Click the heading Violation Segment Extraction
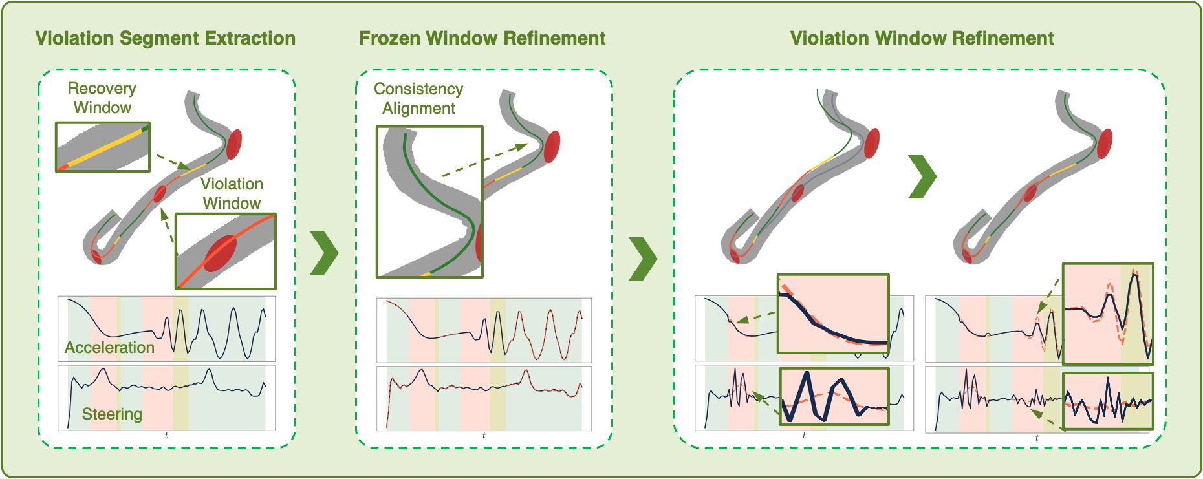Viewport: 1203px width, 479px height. (x=166, y=38)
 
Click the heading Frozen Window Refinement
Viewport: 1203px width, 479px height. (x=482, y=38)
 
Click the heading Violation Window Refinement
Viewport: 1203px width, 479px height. (x=922, y=38)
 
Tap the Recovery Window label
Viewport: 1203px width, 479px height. (x=102, y=98)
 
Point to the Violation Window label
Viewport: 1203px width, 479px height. (x=232, y=193)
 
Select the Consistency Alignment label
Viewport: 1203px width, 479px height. (x=418, y=98)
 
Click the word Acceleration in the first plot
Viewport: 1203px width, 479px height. (x=109, y=347)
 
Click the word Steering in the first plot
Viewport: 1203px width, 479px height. (x=112, y=414)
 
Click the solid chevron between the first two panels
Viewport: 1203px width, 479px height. (x=325, y=253)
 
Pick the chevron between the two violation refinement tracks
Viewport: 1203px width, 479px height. (x=923, y=176)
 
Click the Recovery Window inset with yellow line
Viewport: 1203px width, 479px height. (x=103, y=147)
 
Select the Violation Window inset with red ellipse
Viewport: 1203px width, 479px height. (x=226, y=251)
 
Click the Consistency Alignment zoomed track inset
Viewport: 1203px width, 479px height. (x=429, y=202)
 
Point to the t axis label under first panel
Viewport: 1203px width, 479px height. (x=166, y=436)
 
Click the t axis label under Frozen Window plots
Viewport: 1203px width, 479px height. (x=484, y=436)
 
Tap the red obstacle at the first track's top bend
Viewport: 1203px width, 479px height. (x=233, y=144)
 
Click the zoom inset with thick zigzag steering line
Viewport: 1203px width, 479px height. (x=834, y=396)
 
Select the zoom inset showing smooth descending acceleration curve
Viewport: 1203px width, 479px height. (x=833, y=314)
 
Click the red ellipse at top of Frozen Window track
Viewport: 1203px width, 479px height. (x=552, y=147)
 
